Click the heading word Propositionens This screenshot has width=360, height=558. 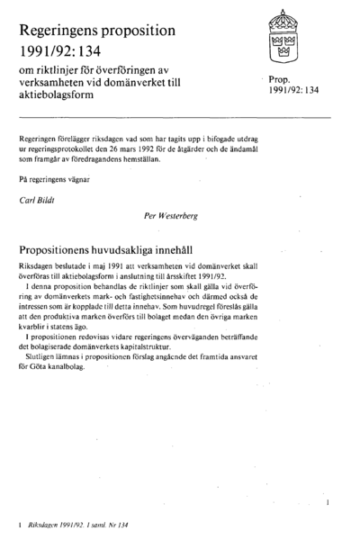point(67,247)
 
